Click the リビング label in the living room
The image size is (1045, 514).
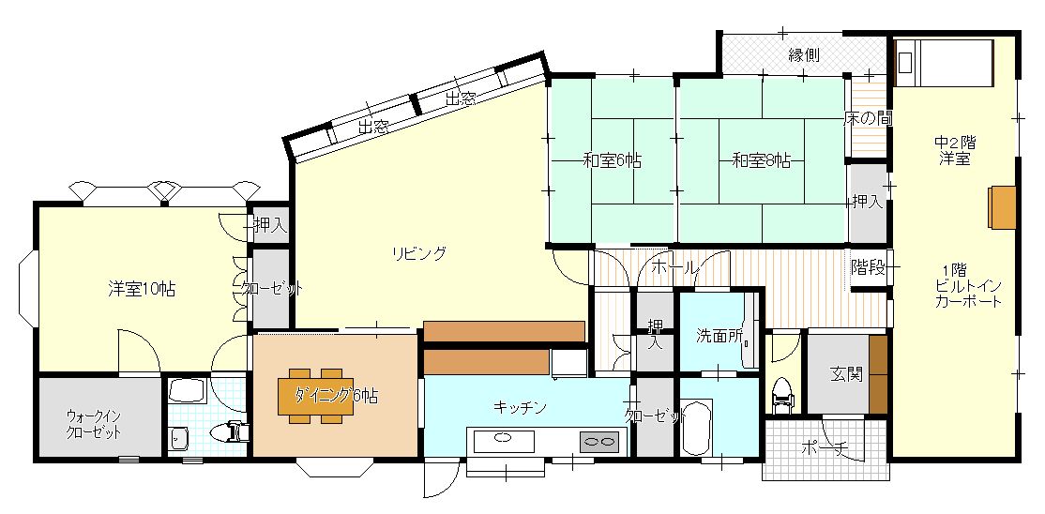tap(418, 252)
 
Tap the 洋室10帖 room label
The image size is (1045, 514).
tap(141, 289)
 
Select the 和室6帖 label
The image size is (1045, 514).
tap(612, 160)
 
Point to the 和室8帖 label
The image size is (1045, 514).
tap(761, 160)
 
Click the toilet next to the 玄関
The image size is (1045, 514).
tap(781, 395)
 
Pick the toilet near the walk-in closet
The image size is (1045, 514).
tap(233, 431)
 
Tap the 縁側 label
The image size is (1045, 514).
tap(804, 55)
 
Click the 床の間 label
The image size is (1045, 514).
tap(868, 118)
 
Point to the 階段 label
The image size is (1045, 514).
tap(868, 266)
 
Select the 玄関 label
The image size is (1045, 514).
tap(846, 374)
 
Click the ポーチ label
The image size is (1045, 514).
tap(824, 449)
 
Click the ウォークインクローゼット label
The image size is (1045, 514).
tap(94, 424)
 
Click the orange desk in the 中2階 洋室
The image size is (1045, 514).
tap(1002, 206)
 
